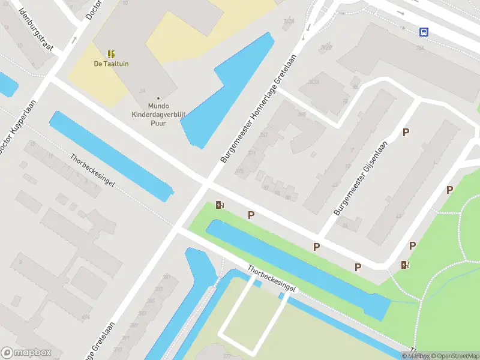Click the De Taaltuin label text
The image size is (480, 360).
[111, 64]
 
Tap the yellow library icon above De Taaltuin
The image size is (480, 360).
[111, 54]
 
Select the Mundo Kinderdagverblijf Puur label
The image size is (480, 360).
[149, 115]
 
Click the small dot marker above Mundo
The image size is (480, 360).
[158, 98]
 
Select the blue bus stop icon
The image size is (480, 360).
[424, 32]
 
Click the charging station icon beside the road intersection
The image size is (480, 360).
[220, 205]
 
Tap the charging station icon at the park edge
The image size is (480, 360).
[406, 265]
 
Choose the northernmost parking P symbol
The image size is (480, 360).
[406, 133]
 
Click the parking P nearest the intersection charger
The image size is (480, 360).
[251, 215]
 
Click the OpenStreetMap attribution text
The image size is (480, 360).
[453, 356]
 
